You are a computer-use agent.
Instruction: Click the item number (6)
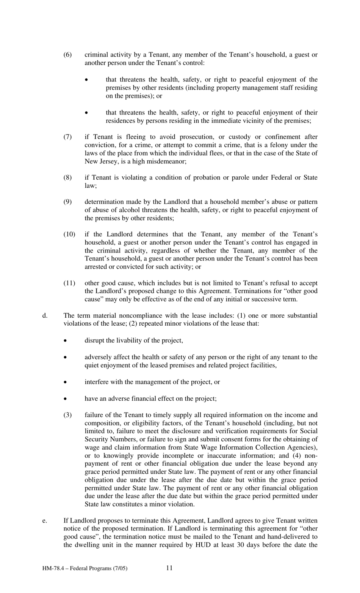click(x=67, y=55)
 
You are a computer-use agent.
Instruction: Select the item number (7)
click(x=67, y=137)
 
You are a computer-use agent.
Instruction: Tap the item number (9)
click(x=67, y=202)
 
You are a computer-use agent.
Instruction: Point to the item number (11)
click(x=69, y=283)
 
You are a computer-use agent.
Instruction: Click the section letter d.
click(x=44, y=315)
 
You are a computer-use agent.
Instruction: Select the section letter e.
click(x=44, y=521)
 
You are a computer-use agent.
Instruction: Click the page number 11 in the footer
click(x=169, y=568)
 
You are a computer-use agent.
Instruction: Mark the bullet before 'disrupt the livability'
click(x=66, y=341)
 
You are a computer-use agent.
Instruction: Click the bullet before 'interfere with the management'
click(x=66, y=382)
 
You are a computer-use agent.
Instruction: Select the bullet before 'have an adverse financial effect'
click(x=66, y=399)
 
